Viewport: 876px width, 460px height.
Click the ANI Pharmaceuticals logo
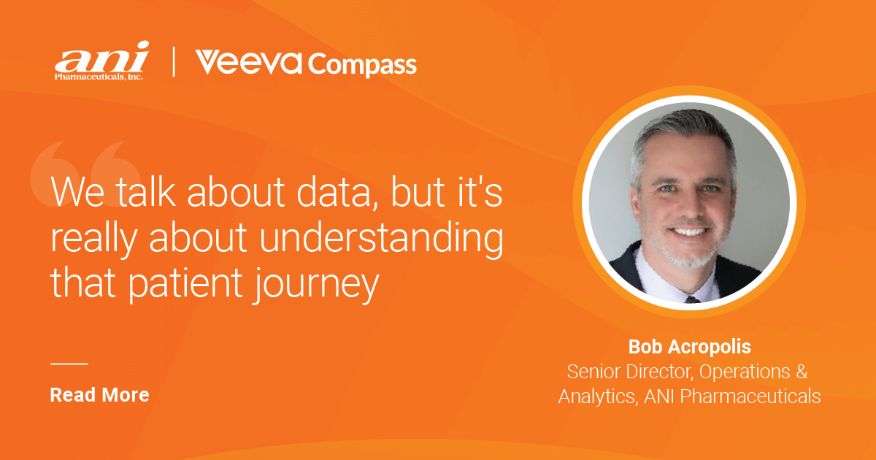[x=101, y=61]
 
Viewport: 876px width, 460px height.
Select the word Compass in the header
[x=362, y=65]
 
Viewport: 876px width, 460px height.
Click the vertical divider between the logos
[x=174, y=62]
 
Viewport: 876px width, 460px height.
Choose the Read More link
[x=99, y=395]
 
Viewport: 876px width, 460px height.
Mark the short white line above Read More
[x=69, y=363]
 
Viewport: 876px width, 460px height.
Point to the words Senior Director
[x=629, y=371]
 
